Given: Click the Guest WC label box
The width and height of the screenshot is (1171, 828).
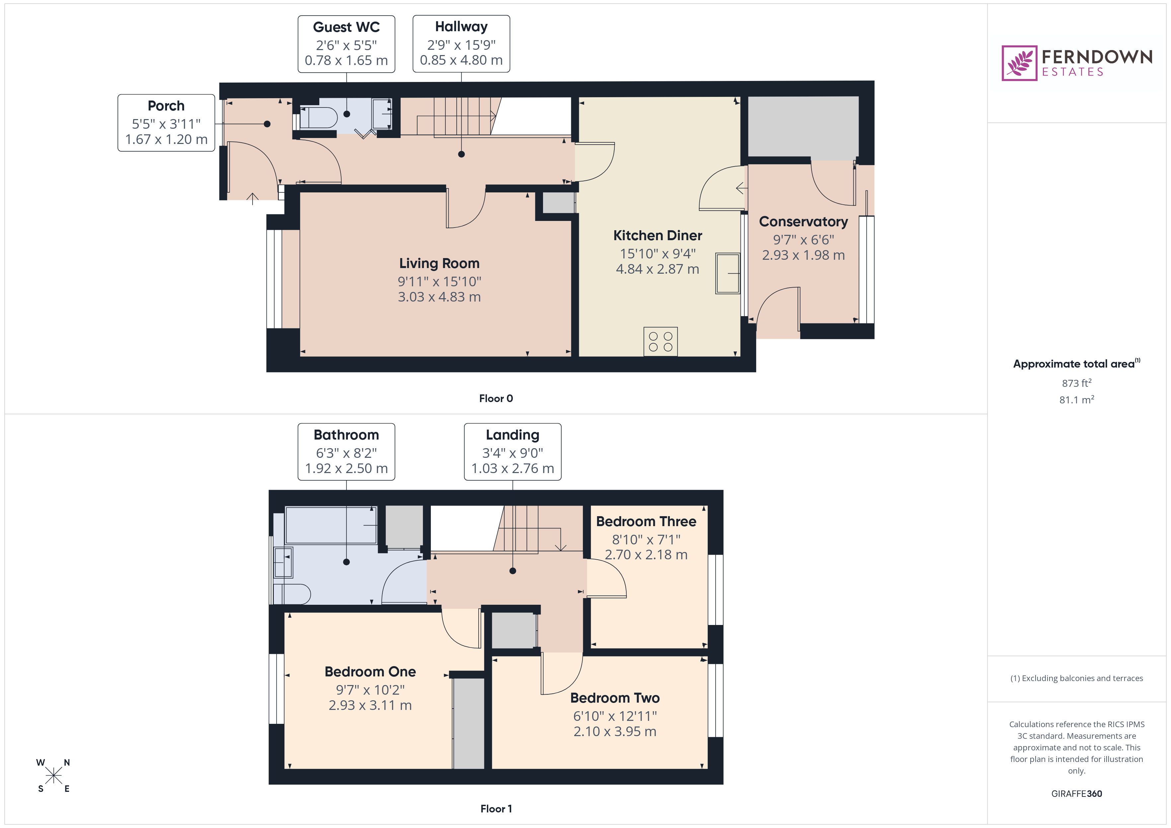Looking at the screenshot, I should (346, 44).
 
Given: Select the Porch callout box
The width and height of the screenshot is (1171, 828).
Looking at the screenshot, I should (166, 123).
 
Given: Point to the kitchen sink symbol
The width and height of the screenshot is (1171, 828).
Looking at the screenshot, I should (727, 274).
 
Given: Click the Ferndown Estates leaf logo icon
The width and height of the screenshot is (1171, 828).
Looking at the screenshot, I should (1019, 63).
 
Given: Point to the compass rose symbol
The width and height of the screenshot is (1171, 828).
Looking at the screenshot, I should (53, 776).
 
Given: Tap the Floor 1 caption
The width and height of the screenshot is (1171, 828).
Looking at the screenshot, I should (496, 809).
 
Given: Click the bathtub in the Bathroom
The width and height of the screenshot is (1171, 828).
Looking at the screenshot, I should (331, 525).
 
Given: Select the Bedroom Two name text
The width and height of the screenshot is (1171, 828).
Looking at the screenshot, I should (615, 698).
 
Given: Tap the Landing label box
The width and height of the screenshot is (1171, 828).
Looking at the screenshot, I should (512, 452).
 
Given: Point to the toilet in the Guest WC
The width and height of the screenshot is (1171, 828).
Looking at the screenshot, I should (318, 117).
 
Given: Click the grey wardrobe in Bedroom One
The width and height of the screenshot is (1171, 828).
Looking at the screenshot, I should (468, 723).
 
